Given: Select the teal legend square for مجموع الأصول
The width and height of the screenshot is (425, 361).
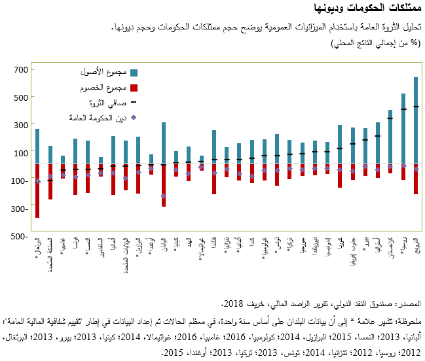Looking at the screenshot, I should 134,72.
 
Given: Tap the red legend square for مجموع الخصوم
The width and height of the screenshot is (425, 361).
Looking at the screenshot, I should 134,88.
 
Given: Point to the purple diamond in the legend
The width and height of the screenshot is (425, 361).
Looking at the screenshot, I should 134,118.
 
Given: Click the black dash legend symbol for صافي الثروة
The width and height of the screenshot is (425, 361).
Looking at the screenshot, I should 134,103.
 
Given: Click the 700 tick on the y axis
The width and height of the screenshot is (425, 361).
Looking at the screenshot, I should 20,69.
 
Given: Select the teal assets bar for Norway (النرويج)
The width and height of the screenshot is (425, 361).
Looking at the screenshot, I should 415,120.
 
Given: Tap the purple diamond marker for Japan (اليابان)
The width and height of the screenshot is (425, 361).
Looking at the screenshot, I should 164,196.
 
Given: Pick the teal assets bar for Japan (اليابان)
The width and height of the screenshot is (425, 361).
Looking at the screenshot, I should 164,143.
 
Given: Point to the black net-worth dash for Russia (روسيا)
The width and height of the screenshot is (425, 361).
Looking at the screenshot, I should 403,109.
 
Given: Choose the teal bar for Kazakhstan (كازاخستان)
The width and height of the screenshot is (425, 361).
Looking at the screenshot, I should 390,137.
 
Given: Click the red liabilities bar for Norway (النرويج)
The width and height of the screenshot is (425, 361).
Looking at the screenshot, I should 415,179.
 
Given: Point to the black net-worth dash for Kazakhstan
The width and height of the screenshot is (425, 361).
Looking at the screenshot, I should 390,118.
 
